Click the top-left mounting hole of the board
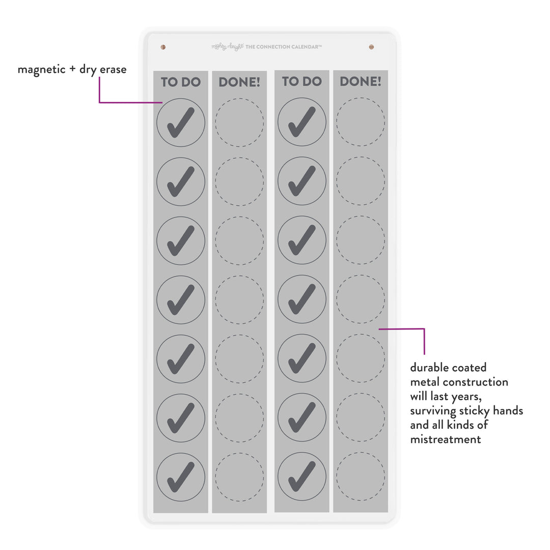click(163, 47)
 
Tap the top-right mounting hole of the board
click(371, 47)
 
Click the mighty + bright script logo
click(227, 47)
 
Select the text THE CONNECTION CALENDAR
click(284, 47)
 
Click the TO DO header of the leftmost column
click(181, 82)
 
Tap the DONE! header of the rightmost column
click(361, 81)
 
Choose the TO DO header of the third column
click(302, 81)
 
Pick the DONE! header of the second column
click(239, 82)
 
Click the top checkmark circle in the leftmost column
click(181, 123)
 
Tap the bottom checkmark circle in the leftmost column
click(181, 477)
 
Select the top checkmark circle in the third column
click(302, 122)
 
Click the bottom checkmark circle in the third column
click(302, 477)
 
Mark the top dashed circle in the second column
click(239, 123)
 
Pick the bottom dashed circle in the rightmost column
click(361, 477)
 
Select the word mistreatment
click(446, 439)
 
